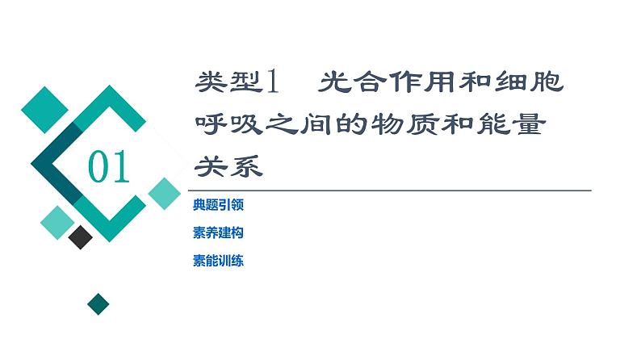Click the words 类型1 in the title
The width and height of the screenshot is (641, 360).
click(x=237, y=82)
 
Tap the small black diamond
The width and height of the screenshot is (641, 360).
click(x=81, y=237)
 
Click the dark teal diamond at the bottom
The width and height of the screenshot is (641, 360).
click(x=98, y=303)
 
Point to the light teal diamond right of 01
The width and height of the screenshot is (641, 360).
click(x=165, y=193)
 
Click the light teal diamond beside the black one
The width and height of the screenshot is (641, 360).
click(x=57, y=219)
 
